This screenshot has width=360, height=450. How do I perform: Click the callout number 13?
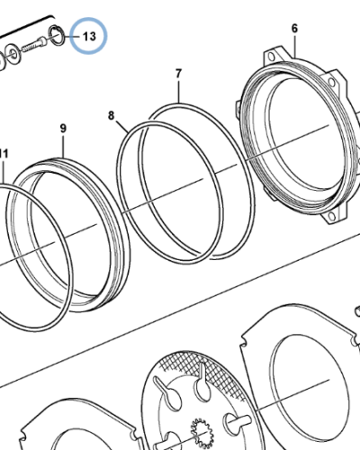coord(89,36)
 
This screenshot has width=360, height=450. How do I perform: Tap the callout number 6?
coord(294,29)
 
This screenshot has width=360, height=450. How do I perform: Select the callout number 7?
coord(178,74)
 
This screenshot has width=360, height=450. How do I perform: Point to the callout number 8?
coord(111,115)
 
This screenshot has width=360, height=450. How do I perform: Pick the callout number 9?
coord(63,129)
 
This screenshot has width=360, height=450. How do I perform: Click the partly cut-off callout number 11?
coord(4,154)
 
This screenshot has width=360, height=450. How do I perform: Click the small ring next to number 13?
coord(56,36)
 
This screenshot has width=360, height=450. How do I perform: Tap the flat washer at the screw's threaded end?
coord(13,53)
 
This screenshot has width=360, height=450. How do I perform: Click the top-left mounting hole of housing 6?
coord(272,57)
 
